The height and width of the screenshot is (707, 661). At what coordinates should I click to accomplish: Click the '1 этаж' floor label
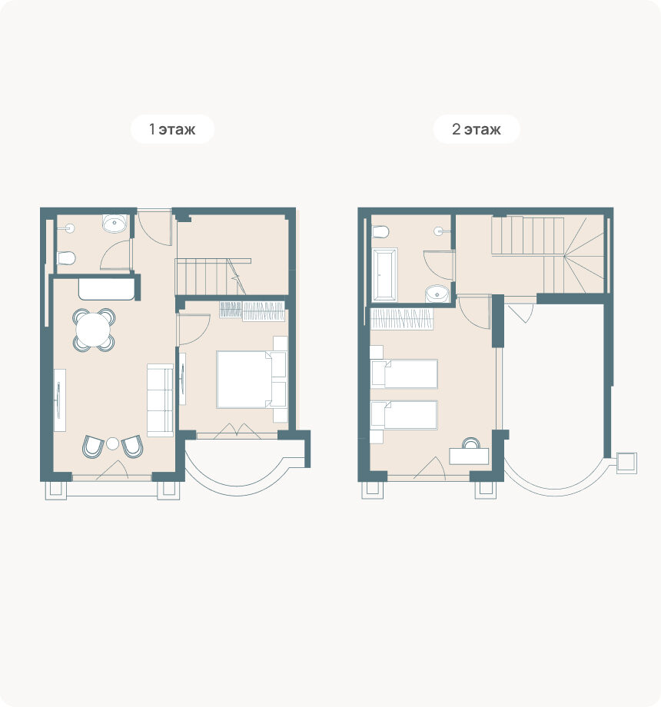click(x=172, y=129)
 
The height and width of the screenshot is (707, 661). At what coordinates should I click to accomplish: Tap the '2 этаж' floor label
click(x=476, y=129)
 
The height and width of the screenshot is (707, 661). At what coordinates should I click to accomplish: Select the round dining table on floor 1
click(x=93, y=330)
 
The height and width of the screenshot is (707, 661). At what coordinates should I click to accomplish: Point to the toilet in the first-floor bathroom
click(x=66, y=258)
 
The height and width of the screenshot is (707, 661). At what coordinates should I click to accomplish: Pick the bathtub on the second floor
click(x=384, y=274)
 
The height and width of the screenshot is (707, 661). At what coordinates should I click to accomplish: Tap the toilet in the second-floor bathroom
click(x=380, y=232)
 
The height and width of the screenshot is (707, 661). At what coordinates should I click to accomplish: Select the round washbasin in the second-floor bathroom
click(x=437, y=294)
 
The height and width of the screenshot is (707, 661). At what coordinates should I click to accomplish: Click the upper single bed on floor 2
click(x=404, y=373)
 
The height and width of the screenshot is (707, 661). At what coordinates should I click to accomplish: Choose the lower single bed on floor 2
click(x=404, y=415)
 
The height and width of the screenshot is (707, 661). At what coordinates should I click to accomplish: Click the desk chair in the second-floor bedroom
click(x=471, y=443)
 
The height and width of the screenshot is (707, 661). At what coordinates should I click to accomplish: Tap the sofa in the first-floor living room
click(x=160, y=400)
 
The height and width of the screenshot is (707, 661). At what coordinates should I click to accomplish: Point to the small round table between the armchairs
click(x=113, y=443)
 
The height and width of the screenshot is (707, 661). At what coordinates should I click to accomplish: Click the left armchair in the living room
click(x=93, y=446)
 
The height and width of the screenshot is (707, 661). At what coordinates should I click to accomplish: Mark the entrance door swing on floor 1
click(x=154, y=227)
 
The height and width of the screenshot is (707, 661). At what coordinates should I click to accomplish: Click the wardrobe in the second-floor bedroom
click(x=402, y=319)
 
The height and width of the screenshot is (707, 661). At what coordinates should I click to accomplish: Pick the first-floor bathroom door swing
click(x=115, y=255)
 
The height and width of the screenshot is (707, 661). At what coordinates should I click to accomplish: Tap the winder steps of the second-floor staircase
click(x=583, y=255)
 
